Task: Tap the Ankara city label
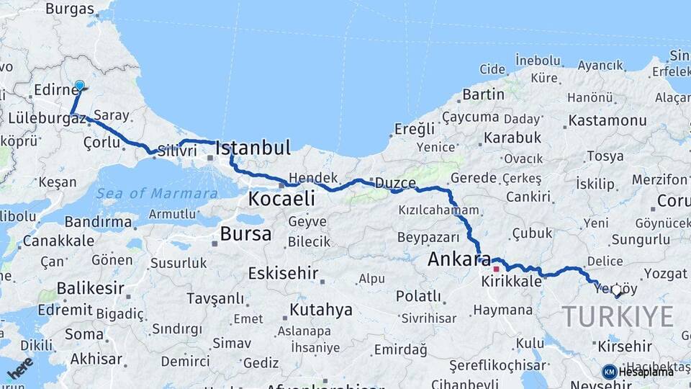point(459,259)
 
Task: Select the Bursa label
point(245,233)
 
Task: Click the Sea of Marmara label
point(157,193)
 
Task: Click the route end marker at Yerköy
point(616,290)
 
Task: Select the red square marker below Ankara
point(496,269)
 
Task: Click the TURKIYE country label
point(618,316)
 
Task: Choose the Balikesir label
point(86,288)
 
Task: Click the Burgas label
point(70,9)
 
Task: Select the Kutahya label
point(321,310)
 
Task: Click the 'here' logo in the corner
point(19,367)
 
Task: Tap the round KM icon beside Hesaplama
point(610,372)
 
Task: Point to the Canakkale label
point(58,241)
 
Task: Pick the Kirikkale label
point(512,282)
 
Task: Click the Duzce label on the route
point(395,183)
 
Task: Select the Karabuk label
point(512,137)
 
